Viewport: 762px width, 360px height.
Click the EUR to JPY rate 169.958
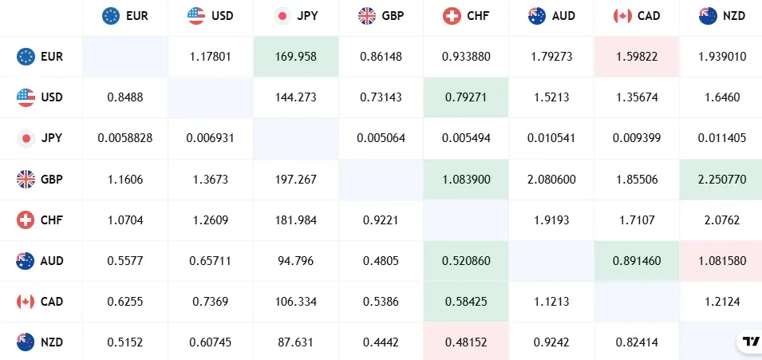tap(296, 57)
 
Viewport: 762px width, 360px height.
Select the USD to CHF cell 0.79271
tap(466, 97)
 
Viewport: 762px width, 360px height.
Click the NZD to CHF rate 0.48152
tap(466, 342)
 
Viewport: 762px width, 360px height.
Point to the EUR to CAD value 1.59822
tap(636, 57)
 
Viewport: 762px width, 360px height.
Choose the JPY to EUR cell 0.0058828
tap(125, 138)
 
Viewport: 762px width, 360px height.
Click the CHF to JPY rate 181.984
tap(296, 220)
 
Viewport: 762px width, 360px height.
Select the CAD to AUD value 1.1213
tap(551, 301)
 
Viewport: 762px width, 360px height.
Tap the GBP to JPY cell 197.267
tap(296, 179)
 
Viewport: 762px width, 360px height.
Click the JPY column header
tap(296, 15)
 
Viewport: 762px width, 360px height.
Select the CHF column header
tap(466, 15)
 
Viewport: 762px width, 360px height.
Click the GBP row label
tap(41, 179)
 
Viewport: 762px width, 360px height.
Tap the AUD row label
tap(41, 260)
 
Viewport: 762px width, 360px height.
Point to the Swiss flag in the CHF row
tap(26, 220)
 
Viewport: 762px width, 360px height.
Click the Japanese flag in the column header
tap(282, 15)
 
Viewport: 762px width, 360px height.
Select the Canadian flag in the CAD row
tap(26, 301)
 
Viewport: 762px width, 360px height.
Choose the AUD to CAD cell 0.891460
tap(636, 260)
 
